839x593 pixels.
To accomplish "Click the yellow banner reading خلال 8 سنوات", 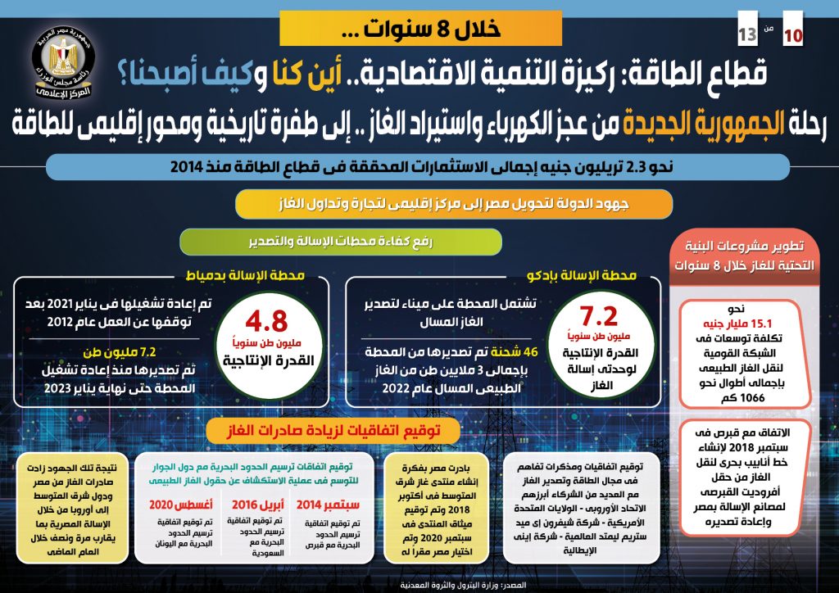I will pos(420,29).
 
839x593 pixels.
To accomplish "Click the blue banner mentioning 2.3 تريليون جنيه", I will pos(419,166).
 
